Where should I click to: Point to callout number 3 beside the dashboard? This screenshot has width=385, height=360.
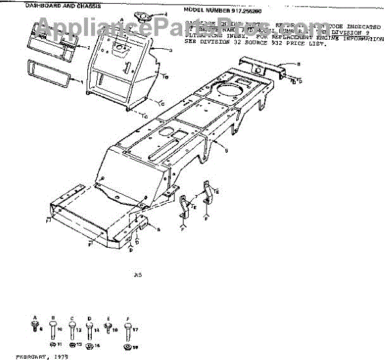coord(171,49)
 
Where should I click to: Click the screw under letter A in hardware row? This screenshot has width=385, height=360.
coord(33,328)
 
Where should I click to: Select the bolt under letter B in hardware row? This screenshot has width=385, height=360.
coord(53,330)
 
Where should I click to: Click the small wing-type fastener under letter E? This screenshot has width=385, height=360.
coord(108,329)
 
